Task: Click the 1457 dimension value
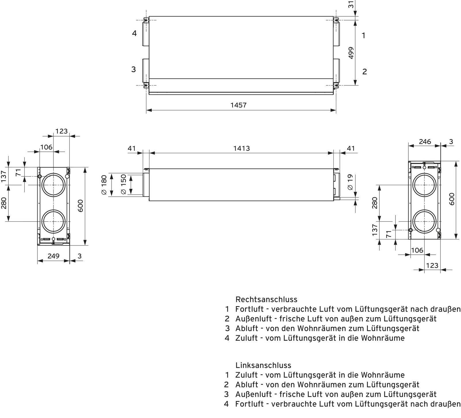coord(239,105)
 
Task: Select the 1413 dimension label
coord(241,148)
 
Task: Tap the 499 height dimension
coord(351,53)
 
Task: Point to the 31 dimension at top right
coord(351,5)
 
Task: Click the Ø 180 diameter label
coord(104,185)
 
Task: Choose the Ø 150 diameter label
coord(123,184)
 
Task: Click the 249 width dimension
coord(53,256)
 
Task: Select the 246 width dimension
coord(425,141)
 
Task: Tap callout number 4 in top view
coord(134,34)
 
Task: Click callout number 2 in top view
coord(364,72)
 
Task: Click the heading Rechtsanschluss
coord(266,300)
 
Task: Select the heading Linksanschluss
coord(263,365)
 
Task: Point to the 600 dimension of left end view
coord(80,206)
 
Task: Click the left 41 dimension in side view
coord(132,148)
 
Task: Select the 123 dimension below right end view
coord(432,265)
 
